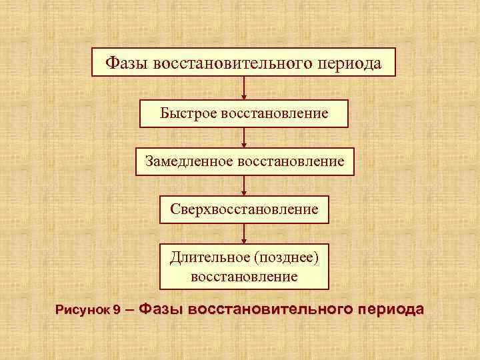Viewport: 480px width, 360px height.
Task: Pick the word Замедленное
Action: click(x=187, y=161)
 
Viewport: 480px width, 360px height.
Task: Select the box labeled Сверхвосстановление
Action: click(x=244, y=209)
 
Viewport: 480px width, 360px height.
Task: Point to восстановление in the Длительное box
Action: click(x=244, y=275)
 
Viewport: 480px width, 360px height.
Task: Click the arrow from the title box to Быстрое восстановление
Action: click(x=244, y=88)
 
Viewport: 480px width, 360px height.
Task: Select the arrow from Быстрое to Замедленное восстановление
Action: click(x=244, y=137)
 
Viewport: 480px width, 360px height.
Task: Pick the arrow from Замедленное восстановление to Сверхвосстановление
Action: click(x=244, y=185)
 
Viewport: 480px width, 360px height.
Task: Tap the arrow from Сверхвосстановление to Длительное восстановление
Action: click(x=244, y=234)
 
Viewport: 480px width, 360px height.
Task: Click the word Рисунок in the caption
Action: click(x=83, y=310)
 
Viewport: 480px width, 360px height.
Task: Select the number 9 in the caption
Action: click(x=117, y=310)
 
